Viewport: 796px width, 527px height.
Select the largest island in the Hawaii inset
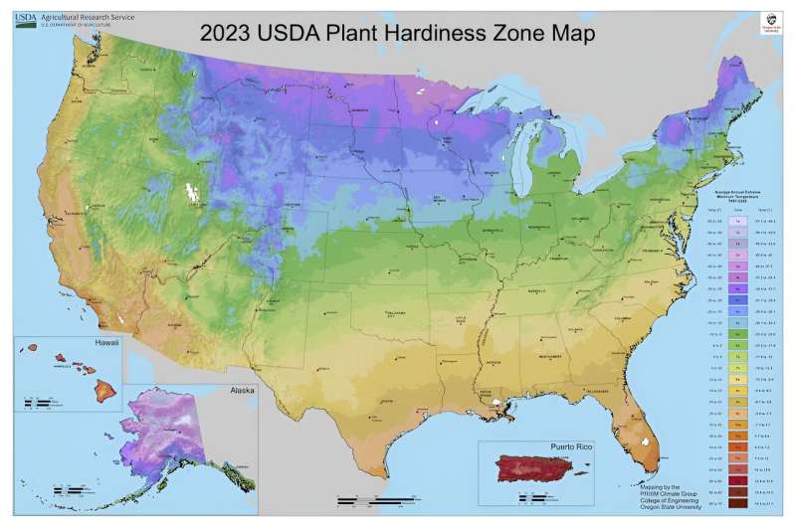(x=98, y=381)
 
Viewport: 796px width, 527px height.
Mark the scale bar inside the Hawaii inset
(x=40, y=403)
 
